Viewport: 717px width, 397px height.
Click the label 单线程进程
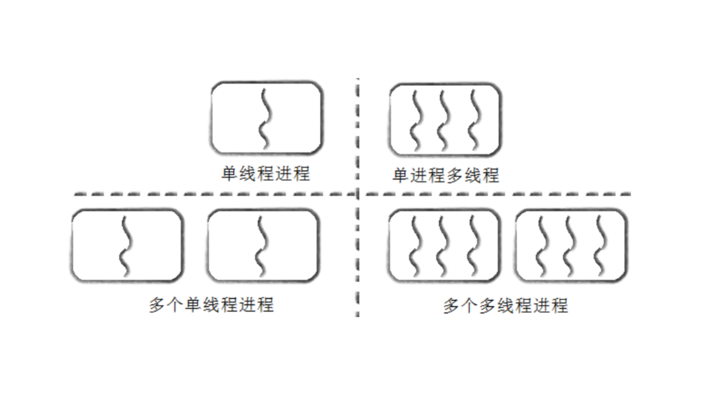click(x=266, y=174)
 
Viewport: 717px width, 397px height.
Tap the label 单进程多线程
click(x=446, y=175)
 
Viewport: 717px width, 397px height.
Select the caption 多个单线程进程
click(x=211, y=305)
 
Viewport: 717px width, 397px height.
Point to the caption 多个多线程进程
click(x=506, y=306)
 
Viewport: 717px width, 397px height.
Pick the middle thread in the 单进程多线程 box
click(x=444, y=120)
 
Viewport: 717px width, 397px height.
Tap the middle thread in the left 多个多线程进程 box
click(x=443, y=246)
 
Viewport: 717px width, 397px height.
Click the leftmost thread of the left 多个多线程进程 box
click(x=415, y=246)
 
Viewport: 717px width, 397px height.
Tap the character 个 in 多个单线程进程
click(x=175, y=305)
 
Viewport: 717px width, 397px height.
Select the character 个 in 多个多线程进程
click(x=469, y=306)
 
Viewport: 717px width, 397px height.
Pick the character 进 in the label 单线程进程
click(x=284, y=174)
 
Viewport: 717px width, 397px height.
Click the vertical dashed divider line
click(x=358, y=242)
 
